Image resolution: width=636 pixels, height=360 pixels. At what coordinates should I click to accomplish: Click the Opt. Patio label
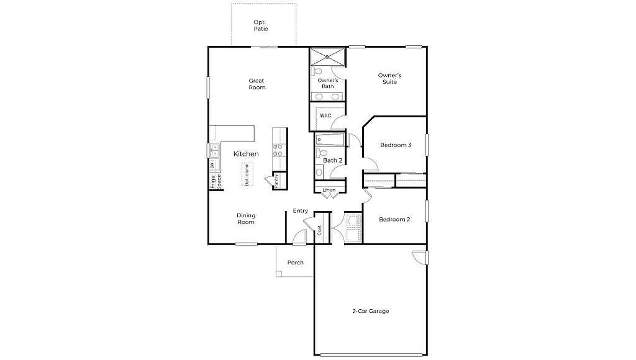pos(260,25)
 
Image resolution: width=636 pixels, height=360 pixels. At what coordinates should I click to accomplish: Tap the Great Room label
pos(257,84)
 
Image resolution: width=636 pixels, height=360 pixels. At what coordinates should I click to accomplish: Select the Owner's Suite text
pos(389,78)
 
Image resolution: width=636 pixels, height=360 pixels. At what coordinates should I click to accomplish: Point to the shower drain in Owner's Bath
pos(327,58)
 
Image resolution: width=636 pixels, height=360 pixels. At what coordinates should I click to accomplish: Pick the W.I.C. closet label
pos(325,115)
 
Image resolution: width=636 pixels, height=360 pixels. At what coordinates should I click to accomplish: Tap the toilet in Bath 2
pos(320,153)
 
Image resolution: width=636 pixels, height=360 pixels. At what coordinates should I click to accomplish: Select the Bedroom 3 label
pos(396,145)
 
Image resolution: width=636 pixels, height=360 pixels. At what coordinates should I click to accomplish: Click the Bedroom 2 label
pos(394,219)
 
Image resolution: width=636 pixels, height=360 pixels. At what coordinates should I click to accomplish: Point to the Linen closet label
pos(329,190)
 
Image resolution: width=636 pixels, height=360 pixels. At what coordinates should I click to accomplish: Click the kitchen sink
pos(214,150)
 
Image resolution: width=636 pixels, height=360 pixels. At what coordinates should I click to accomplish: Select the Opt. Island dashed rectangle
pos(247,174)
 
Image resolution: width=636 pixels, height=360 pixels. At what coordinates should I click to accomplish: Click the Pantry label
pos(276,179)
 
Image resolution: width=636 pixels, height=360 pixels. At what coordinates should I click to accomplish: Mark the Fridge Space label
pos(215,181)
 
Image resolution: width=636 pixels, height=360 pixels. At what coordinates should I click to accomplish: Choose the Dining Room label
pos(246,219)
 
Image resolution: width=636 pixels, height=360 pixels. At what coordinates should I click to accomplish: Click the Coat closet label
pos(320,230)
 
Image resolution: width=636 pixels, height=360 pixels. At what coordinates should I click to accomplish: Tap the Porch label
pos(296,263)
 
